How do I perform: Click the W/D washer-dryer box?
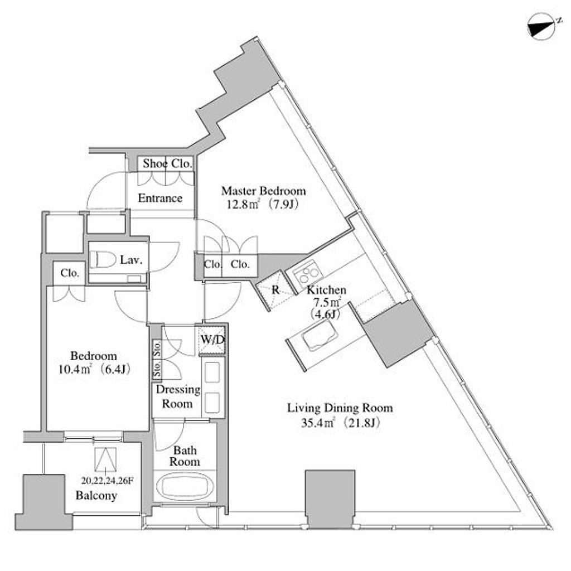pyautogui.click(x=212, y=340)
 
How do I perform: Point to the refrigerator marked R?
pyautogui.click(x=275, y=290)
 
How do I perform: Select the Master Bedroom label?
pyautogui.click(x=263, y=191)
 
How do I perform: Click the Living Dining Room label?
pyautogui.click(x=340, y=408)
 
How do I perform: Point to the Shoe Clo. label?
pyautogui.click(x=167, y=164)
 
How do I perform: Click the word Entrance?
pyautogui.click(x=160, y=198)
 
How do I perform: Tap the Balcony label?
pyautogui.click(x=96, y=495)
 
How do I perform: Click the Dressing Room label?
pyautogui.click(x=178, y=396)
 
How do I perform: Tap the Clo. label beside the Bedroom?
pyautogui.click(x=70, y=273)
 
